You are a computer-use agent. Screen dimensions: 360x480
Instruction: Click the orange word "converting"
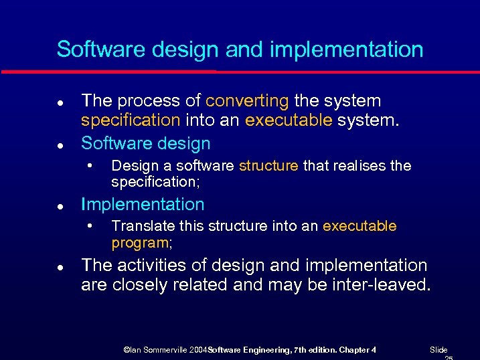tap(247, 101)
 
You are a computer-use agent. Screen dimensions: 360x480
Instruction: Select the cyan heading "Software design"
tap(145, 143)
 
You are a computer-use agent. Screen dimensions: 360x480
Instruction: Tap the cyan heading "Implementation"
tap(143, 204)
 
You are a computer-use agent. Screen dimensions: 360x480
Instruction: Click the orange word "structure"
tap(268, 165)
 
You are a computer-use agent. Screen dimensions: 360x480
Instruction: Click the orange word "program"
tap(140, 242)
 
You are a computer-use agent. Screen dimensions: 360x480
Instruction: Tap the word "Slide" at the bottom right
tap(438, 350)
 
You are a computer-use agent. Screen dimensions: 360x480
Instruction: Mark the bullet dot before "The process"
tap(60, 102)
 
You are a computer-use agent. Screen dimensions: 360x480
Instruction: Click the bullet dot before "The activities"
tap(60, 267)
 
